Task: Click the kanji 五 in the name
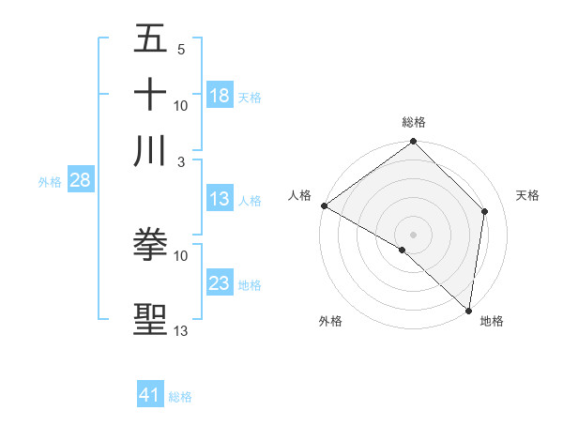tap(150, 39)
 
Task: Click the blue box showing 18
tap(220, 96)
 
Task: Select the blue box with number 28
tap(80, 180)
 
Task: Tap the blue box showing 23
tap(220, 283)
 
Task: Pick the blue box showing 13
tap(220, 199)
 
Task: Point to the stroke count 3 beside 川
tap(181, 160)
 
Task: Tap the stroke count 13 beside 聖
tap(181, 330)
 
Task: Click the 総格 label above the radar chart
tap(414, 122)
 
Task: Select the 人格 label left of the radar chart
tap(300, 195)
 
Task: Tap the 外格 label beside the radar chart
tap(330, 322)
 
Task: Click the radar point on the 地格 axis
tap(468, 311)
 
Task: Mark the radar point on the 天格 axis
tap(485, 211)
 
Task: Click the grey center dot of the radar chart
tap(413, 234)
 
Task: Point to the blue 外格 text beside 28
tap(49, 182)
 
